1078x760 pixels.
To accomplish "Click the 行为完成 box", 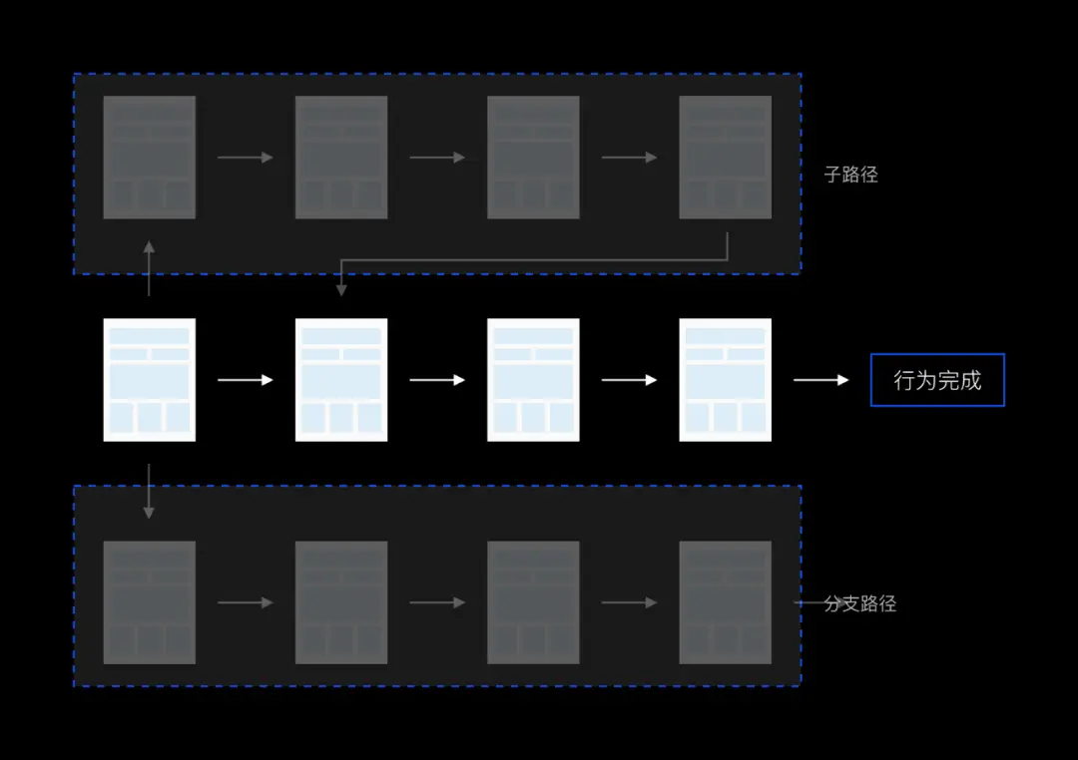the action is pos(937,380).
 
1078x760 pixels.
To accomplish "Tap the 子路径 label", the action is pos(851,175).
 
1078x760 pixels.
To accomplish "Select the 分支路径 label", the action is pos(860,603).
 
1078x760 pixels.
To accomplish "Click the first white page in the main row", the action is pos(149,379).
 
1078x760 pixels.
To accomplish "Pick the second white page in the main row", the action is pos(341,379).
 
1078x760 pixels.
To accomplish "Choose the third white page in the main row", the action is pos(533,379).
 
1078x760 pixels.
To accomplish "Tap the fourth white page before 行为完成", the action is pos(725,379).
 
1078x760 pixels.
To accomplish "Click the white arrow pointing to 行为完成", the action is pos(820,380).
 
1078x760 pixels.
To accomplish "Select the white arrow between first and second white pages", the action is pos(246,380).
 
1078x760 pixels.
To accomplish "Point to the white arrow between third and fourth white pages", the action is pos(629,380).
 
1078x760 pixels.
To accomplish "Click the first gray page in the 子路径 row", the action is pos(149,158).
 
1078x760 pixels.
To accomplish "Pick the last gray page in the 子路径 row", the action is pos(725,158).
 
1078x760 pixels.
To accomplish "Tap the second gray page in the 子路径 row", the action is pos(341,158).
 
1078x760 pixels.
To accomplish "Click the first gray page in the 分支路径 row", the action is pos(149,602).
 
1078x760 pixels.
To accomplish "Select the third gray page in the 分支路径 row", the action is pos(533,602).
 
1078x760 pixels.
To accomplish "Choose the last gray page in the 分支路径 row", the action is pos(725,602).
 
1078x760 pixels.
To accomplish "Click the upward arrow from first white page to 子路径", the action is pos(149,268).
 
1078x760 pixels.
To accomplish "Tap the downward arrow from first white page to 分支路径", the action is pos(149,492).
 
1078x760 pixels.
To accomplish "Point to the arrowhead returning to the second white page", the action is pos(341,290).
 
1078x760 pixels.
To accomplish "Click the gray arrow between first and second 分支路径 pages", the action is pos(246,602).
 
